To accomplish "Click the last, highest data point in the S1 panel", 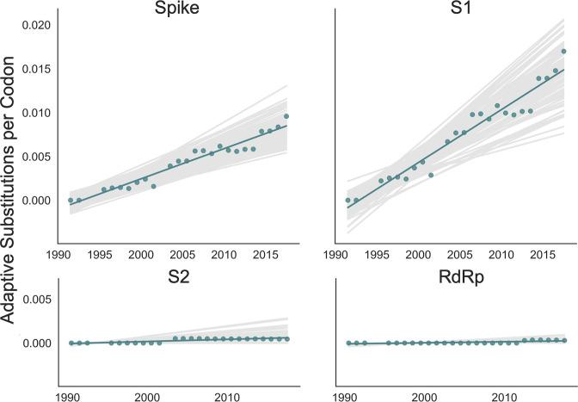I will click(563, 52).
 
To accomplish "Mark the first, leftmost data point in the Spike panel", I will click(71, 200).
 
